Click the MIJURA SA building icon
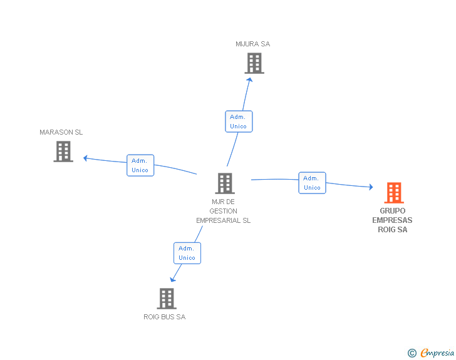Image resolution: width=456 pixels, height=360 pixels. pos(254,63)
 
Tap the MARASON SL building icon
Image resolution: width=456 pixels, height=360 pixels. pos(63,152)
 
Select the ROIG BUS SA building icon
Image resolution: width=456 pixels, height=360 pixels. pos(167,299)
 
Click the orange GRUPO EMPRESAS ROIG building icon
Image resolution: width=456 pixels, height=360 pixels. pos(394,193)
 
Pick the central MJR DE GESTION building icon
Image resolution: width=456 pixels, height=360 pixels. pos(225,183)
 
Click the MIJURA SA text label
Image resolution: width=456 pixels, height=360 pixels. pos(252,44)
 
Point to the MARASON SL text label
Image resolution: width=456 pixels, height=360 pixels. pos(61,132)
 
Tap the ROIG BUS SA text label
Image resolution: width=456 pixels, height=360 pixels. pos(165,317)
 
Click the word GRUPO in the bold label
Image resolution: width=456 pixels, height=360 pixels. pos(392,211)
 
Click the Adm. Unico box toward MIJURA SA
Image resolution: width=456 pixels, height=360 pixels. pos(239,121)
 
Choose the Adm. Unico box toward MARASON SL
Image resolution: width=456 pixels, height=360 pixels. pos(140,165)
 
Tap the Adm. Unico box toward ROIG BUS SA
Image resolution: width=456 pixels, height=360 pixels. pos(187,254)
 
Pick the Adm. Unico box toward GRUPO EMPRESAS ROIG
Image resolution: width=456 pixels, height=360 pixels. pos(312,183)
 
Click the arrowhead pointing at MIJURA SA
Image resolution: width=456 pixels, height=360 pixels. pos(249,80)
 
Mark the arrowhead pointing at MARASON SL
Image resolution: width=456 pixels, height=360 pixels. pos(85,158)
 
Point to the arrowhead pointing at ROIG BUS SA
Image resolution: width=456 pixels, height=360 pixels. pos(172,279)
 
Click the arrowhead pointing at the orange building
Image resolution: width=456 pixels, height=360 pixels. pos(371,187)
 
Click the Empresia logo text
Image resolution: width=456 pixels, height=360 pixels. pos(437,352)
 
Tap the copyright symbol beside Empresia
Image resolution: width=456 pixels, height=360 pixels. pos(412,353)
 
